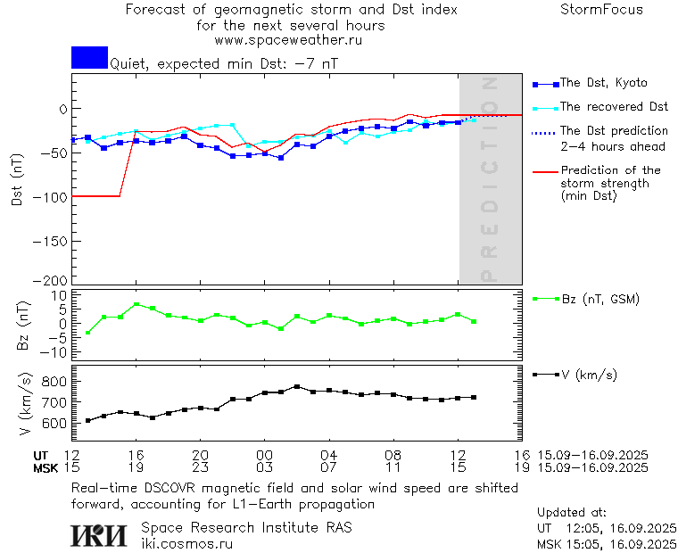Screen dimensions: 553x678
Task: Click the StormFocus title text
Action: [x=601, y=10]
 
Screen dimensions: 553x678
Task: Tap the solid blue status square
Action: [x=89, y=57]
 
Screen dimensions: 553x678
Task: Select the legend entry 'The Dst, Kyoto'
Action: [x=603, y=83]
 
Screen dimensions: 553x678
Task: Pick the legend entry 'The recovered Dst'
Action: [x=614, y=107]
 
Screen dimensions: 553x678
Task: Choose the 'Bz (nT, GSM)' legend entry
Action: [x=599, y=299]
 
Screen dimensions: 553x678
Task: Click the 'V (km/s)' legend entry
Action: [x=588, y=375]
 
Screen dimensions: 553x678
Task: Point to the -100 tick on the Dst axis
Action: [x=50, y=196]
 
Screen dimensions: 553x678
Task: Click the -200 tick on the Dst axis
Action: [x=50, y=279]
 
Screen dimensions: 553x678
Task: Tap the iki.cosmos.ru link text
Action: [x=187, y=543]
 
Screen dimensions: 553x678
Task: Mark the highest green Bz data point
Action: [x=136, y=304]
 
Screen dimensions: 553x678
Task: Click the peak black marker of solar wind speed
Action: [x=297, y=387]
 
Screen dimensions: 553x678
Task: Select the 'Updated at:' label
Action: [x=573, y=513]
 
